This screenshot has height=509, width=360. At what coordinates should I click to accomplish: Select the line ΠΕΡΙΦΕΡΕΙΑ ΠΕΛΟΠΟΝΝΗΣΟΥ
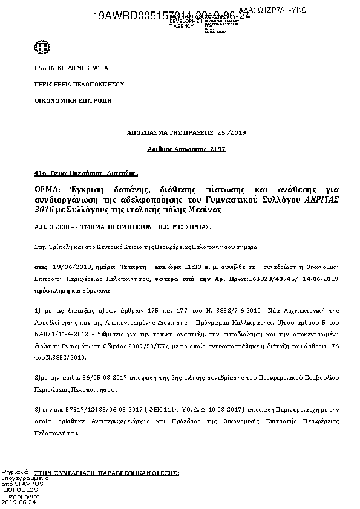coord(70,85)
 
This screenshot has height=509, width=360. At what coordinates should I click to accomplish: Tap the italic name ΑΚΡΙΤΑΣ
coord(307,199)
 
